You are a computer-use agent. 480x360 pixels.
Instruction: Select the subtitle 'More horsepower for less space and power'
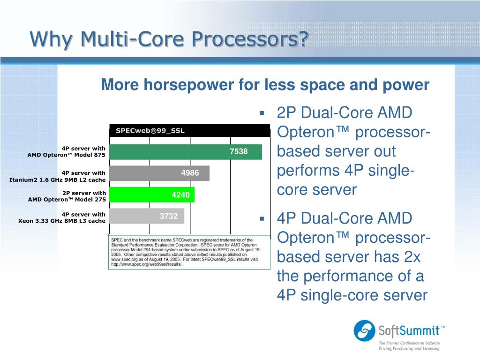click(x=265, y=85)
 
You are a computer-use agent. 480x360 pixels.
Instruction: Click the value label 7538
click(x=239, y=151)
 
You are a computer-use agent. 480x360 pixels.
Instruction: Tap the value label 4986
click(x=190, y=173)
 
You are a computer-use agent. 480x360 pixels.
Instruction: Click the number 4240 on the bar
click(x=180, y=195)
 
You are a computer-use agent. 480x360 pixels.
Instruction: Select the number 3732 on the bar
click(x=169, y=216)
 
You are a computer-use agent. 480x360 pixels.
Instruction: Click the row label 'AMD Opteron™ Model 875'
click(x=67, y=155)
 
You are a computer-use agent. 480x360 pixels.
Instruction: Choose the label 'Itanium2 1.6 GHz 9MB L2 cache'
click(x=58, y=180)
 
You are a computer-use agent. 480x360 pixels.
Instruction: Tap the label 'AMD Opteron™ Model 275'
click(x=67, y=199)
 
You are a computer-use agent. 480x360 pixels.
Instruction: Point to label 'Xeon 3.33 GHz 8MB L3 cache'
click(x=62, y=221)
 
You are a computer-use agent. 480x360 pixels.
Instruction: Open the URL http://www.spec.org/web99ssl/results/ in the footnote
click(x=147, y=264)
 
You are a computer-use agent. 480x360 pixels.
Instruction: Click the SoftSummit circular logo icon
click(x=364, y=330)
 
